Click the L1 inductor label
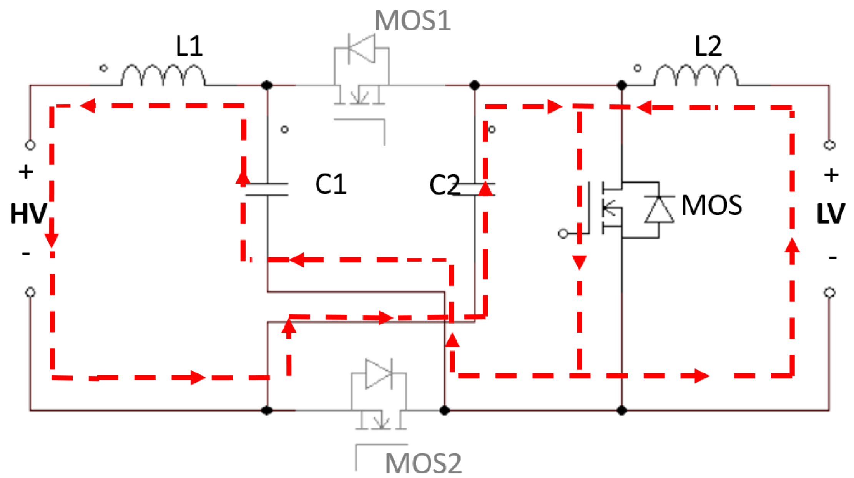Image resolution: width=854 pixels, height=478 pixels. (189, 46)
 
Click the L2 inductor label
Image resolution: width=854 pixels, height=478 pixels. (708, 46)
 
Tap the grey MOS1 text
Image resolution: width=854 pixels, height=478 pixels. (412, 21)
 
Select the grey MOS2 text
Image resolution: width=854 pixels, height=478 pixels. (423, 464)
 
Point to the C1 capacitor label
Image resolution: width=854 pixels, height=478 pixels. (331, 184)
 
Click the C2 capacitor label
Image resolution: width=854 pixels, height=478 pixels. (444, 185)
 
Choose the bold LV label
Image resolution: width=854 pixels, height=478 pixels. (831, 214)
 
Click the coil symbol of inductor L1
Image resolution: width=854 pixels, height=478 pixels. (163, 75)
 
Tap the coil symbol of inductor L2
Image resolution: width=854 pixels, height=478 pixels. (696, 75)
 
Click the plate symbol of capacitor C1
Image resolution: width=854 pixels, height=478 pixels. (267, 189)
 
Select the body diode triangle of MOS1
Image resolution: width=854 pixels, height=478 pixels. (361, 48)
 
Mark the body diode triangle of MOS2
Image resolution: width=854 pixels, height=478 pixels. (379, 373)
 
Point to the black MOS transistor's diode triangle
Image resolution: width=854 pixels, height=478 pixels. (659, 209)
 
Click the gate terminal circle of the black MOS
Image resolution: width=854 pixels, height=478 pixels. (563, 233)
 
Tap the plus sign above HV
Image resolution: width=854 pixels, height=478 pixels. (26, 172)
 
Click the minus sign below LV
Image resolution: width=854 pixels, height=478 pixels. (832, 257)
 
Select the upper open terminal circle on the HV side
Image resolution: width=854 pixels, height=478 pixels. (30, 145)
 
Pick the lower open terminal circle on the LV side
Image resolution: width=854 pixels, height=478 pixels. (829, 293)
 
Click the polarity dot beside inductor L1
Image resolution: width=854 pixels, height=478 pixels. (103, 68)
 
